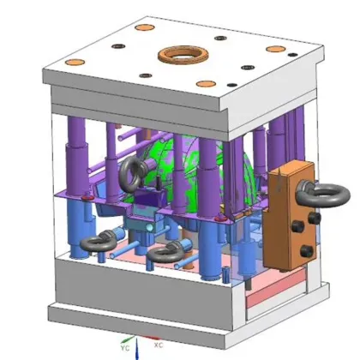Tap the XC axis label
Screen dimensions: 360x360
(x=159, y=345)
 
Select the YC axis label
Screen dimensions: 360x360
(x=125, y=348)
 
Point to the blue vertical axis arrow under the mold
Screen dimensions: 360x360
(x=137, y=349)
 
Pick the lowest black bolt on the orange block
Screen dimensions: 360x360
(x=307, y=251)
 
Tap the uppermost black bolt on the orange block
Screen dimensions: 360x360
(x=315, y=218)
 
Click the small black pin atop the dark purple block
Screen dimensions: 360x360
(x=158, y=183)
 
